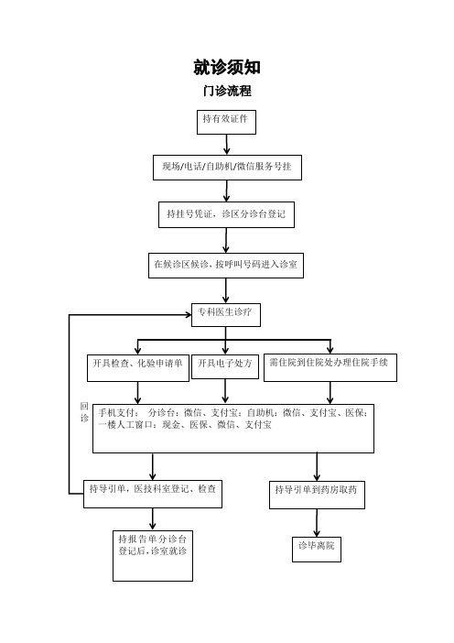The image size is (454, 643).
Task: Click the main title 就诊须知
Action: point(227,67)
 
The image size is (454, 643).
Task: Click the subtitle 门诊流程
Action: point(227,91)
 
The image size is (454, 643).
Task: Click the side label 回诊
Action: point(84,411)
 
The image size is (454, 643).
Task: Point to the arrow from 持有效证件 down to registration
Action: point(226,145)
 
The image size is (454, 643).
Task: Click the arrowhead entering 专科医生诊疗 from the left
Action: point(189,314)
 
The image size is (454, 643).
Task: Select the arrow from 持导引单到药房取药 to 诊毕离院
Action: point(317,523)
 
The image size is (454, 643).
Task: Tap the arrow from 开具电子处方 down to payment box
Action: point(225,391)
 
